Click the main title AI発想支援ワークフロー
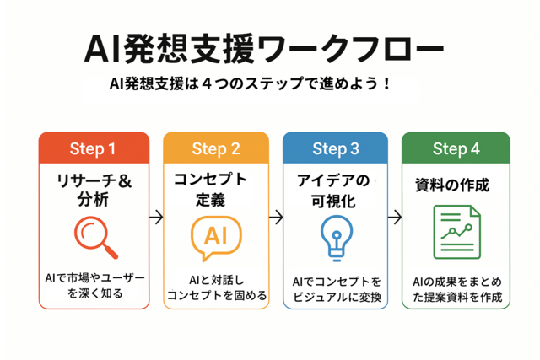(263, 49)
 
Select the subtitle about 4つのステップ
(251, 84)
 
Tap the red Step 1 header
(94, 148)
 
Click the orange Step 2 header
(216, 148)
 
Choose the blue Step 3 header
(336, 148)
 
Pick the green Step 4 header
(456, 148)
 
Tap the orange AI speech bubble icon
(216, 238)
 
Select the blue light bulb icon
(337, 238)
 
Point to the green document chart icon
(457, 232)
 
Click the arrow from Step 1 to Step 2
(156, 218)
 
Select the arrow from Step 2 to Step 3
(276, 218)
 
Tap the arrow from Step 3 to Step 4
(395, 218)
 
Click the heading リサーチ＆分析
(94, 190)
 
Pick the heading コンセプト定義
(210, 190)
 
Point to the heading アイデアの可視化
(333, 191)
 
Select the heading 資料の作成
(452, 185)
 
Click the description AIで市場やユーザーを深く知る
(94, 285)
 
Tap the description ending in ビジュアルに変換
(337, 289)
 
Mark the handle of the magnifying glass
(111, 251)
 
